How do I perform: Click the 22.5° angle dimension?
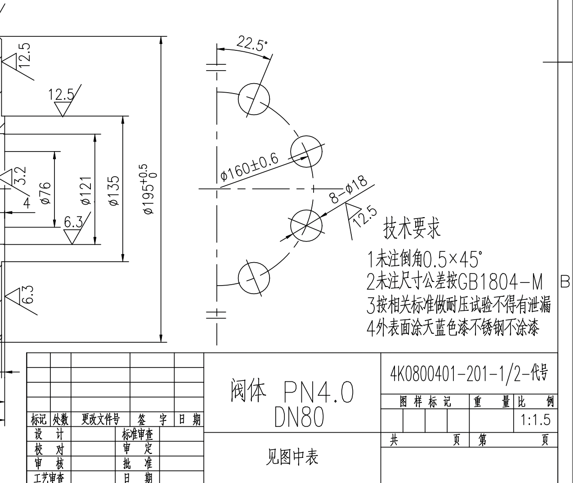(x=252, y=44)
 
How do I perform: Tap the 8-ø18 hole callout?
(x=349, y=191)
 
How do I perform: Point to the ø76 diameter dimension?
(x=45, y=193)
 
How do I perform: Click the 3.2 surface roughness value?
(x=20, y=175)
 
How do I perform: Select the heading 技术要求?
(x=411, y=228)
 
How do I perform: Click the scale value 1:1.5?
(x=535, y=420)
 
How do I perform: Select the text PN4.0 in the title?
(x=318, y=392)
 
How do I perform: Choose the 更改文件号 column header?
(x=100, y=420)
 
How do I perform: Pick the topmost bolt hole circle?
(x=254, y=98)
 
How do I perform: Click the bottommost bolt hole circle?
(x=254, y=278)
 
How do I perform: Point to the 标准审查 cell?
(x=138, y=434)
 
